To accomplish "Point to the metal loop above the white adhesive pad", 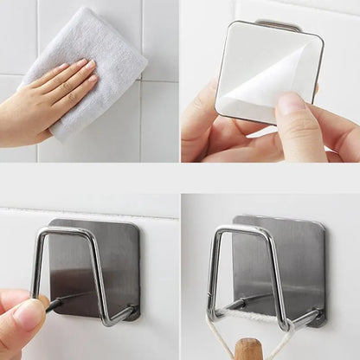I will click(x=279, y=25).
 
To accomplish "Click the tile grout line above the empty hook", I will click(x=87, y=210).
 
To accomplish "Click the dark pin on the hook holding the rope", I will click(x=239, y=302).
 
